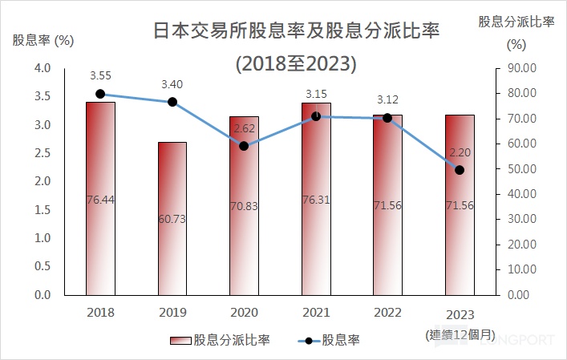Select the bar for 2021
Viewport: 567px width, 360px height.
(x=315, y=198)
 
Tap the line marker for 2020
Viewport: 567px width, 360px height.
(x=244, y=146)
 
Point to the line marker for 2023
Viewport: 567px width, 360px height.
(x=459, y=169)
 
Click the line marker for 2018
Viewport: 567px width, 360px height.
(x=100, y=94)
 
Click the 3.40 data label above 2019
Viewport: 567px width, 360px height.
(x=172, y=83)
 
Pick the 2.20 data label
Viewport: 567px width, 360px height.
(x=459, y=151)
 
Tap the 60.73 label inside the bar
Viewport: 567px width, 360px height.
(x=172, y=218)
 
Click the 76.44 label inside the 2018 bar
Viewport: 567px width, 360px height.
(x=100, y=200)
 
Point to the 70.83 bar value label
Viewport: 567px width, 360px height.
(x=244, y=206)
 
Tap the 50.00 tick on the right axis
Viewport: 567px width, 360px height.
(x=520, y=169)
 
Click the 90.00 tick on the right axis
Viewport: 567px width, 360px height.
(x=520, y=68)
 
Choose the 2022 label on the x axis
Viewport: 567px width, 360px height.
(x=387, y=312)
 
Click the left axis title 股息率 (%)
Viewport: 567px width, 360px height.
(x=43, y=40)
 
